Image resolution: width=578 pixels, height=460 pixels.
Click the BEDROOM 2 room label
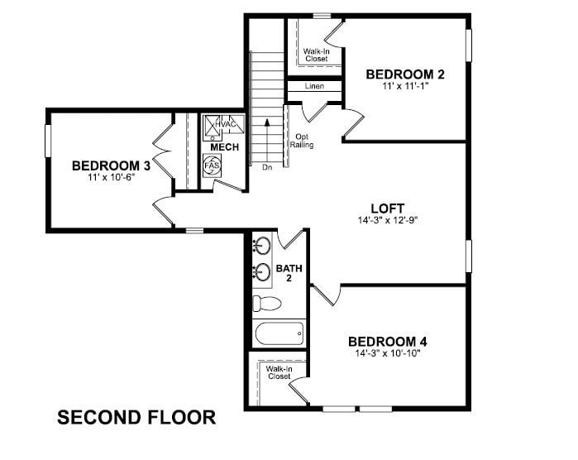(405, 74)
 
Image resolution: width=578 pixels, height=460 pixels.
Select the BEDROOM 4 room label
(387, 342)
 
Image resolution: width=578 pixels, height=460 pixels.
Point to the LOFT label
(386, 208)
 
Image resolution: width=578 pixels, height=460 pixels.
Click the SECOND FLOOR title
(136, 418)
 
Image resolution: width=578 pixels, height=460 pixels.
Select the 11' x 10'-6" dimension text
(110, 177)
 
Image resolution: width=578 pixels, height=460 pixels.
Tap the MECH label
(224, 147)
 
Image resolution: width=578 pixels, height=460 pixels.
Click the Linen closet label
(313, 86)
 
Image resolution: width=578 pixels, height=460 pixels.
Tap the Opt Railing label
(301, 141)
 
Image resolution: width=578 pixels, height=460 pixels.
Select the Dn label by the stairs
(267, 168)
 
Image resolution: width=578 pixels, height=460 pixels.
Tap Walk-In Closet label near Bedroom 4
(279, 373)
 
